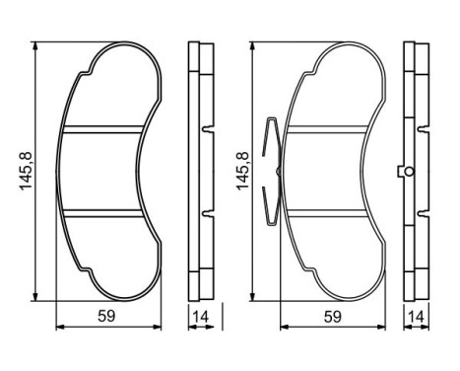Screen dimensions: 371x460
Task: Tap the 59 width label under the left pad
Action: [105, 318]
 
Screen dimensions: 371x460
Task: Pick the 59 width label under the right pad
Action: [333, 318]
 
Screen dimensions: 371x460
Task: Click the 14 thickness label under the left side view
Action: [201, 318]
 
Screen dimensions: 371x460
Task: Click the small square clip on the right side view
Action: [402, 172]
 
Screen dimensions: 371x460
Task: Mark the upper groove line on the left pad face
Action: [101, 128]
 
